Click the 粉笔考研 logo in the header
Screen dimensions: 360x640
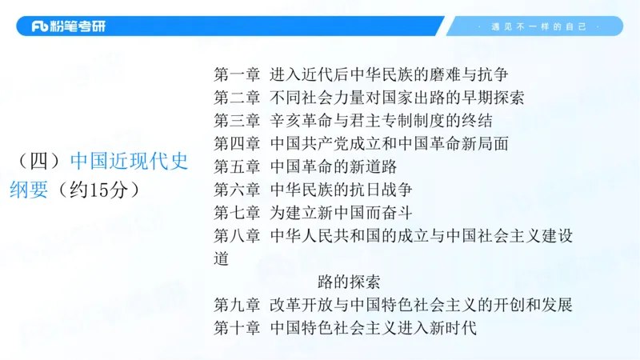click(68, 26)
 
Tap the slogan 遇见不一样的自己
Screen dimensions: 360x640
click(533, 26)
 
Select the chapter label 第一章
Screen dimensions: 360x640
click(237, 75)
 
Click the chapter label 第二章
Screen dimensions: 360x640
click(237, 98)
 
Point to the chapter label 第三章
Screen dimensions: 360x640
click(237, 122)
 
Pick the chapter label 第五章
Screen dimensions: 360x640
click(237, 167)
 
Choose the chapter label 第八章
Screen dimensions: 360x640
click(237, 236)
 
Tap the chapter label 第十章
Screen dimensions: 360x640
click(237, 328)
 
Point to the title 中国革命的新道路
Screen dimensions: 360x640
click(333, 167)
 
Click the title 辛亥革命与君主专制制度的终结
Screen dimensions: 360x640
click(381, 122)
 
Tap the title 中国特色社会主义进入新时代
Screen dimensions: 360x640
click(373, 328)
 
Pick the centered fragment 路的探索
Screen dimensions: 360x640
click(349, 282)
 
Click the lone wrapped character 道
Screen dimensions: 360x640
click(222, 259)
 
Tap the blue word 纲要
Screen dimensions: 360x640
click(28, 190)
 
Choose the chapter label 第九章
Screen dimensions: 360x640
click(237, 305)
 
